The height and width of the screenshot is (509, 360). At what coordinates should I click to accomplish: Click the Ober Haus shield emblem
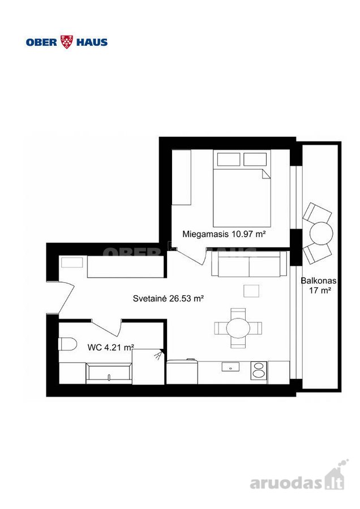[x=67, y=42]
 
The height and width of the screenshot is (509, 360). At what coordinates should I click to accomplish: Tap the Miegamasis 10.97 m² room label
[x=224, y=234]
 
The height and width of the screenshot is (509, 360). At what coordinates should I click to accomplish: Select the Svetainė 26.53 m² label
[x=168, y=298]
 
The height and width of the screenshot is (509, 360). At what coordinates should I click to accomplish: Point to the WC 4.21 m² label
[x=111, y=347]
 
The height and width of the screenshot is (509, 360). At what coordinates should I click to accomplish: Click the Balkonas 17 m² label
[x=319, y=286]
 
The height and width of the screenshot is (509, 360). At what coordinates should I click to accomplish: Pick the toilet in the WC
[x=67, y=344]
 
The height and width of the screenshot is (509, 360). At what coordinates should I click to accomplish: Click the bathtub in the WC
[x=109, y=373]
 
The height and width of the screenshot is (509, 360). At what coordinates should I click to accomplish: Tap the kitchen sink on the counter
[x=231, y=367]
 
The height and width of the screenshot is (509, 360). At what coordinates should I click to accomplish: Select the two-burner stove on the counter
[x=259, y=370]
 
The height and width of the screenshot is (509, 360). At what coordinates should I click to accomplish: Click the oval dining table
[x=238, y=328]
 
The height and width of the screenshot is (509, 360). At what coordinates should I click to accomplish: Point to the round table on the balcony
[x=322, y=234]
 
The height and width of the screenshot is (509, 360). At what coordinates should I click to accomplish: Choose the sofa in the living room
[x=249, y=264]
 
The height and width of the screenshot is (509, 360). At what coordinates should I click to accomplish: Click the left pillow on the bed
[x=229, y=159]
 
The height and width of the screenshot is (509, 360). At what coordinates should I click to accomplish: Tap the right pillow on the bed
[x=255, y=159]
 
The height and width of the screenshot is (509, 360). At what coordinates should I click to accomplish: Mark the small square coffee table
[x=251, y=291]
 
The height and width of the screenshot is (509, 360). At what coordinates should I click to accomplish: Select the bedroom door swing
[x=192, y=256]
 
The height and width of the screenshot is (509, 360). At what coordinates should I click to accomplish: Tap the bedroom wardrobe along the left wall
[x=181, y=177]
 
